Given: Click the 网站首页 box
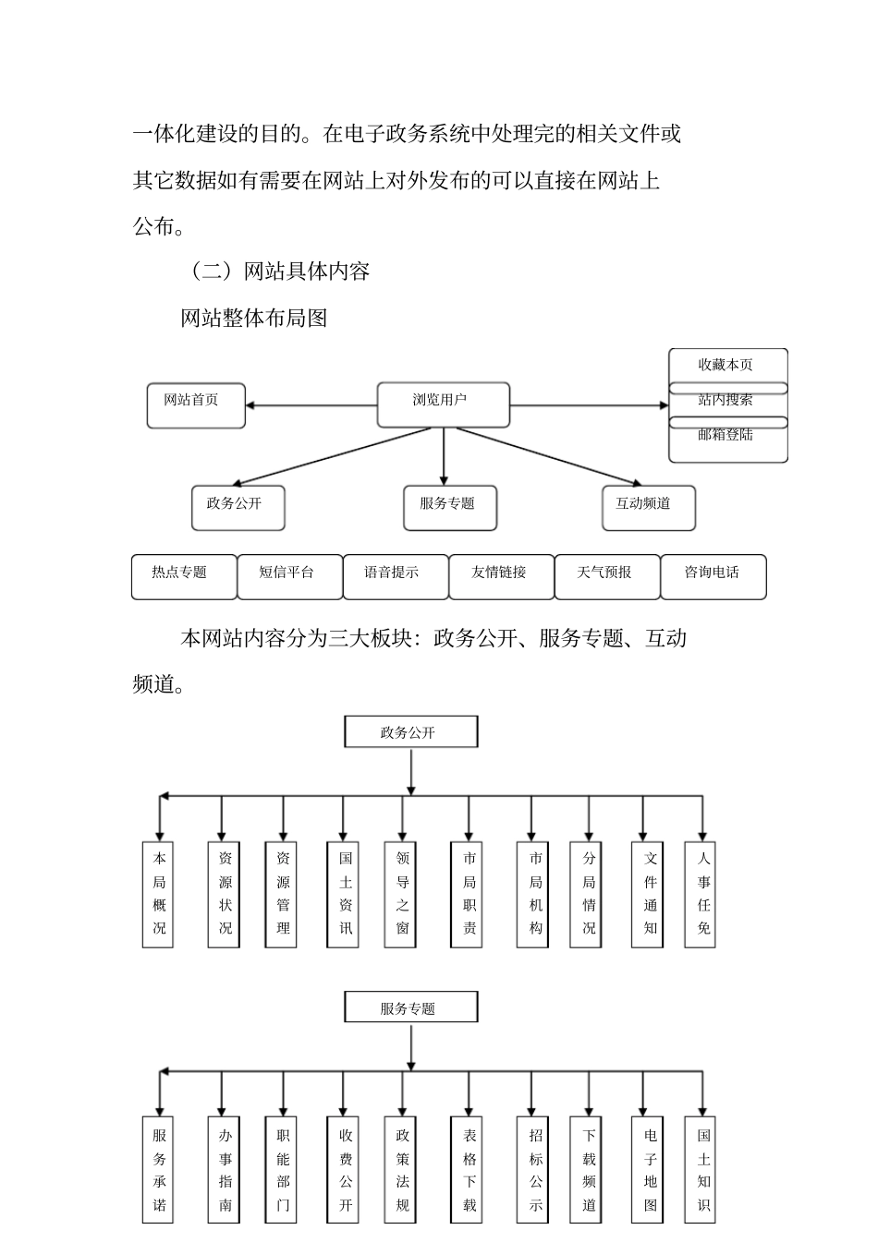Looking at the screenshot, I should [196, 405].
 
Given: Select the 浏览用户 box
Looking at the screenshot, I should [444, 404].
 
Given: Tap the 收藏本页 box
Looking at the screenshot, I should [727, 365].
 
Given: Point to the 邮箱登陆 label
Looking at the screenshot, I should [726, 435].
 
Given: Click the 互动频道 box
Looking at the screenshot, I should [648, 508].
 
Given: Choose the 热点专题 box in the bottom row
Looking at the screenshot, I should [183, 576].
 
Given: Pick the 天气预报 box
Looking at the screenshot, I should [606, 576].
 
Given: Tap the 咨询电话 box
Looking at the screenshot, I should [713, 576].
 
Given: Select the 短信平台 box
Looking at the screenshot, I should [289, 576].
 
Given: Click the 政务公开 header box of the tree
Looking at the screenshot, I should [410, 731].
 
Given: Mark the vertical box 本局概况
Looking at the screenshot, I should [159, 893].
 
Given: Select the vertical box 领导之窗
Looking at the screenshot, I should [402, 893].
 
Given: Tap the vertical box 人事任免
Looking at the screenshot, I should [703, 893].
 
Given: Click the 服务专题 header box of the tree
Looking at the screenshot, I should [410, 1007].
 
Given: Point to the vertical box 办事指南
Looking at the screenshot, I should [225, 1170].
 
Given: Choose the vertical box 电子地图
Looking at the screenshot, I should [650, 1170].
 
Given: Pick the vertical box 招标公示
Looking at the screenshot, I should [535, 1170].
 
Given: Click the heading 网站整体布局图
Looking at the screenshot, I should [254, 319].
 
